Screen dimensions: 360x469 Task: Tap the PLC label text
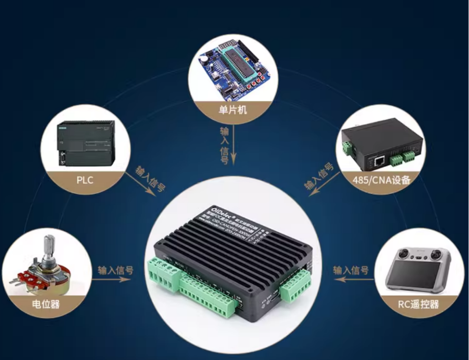pyautogui.click(x=85, y=180)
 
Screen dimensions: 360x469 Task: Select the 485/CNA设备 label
pyautogui.click(x=381, y=180)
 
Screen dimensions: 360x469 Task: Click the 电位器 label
pyautogui.click(x=46, y=304)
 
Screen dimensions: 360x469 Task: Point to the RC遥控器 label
pyautogui.click(x=418, y=304)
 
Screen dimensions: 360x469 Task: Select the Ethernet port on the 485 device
pyautogui.click(x=380, y=161)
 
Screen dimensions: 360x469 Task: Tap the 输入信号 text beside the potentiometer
pyautogui.click(x=116, y=270)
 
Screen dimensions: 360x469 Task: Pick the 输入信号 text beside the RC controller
pyautogui.click(x=350, y=270)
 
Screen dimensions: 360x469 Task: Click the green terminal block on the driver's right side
pyautogui.click(x=295, y=286)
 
